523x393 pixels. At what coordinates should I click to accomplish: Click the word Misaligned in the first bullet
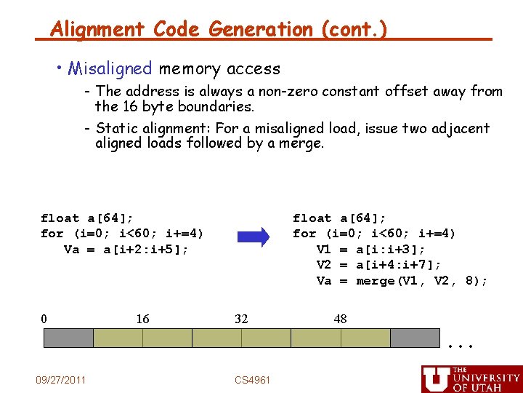pyautogui.click(x=110, y=69)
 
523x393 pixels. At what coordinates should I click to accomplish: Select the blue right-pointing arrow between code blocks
pyautogui.click(x=254, y=237)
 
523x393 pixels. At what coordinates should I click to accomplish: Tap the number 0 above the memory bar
pyautogui.click(x=44, y=319)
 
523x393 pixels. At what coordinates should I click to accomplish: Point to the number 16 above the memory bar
pyautogui.click(x=142, y=319)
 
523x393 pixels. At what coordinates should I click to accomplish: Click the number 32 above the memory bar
pyautogui.click(x=241, y=319)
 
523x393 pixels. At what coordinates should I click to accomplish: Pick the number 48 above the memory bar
pyautogui.click(x=340, y=319)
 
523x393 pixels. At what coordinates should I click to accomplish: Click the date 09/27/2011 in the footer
pyautogui.click(x=61, y=380)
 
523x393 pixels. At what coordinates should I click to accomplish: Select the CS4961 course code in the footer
pyautogui.click(x=253, y=380)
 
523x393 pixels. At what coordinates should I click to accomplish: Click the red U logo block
pyautogui.click(x=436, y=379)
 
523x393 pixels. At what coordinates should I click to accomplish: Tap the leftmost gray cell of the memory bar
pyautogui.click(x=69, y=338)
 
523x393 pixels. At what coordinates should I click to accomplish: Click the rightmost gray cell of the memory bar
pyautogui.click(x=415, y=338)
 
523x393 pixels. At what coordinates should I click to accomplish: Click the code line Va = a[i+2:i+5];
pyautogui.click(x=126, y=250)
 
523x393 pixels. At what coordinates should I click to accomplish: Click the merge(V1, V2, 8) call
pyautogui.click(x=421, y=281)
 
